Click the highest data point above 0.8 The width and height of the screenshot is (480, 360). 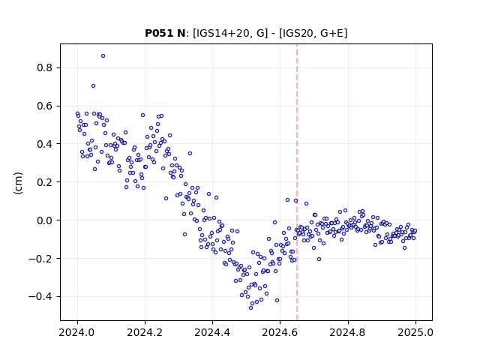(103, 55)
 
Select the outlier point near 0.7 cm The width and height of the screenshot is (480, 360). (93, 86)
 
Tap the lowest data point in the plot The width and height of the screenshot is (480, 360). (250, 308)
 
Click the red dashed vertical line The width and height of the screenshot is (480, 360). (297, 182)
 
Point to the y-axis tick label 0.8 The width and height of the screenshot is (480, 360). (44, 67)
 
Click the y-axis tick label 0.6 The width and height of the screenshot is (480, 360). (44, 106)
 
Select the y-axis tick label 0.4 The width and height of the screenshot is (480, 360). (44, 144)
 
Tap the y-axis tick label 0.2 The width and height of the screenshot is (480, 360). (44, 182)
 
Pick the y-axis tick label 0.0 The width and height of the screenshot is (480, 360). (44, 220)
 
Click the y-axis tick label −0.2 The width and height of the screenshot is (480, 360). (40, 259)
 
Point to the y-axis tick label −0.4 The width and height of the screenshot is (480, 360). (40, 297)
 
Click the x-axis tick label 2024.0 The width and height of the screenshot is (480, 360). (77, 332)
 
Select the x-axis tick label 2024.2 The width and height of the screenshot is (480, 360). (145, 332)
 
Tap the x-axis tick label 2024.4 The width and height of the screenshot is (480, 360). (212, 332)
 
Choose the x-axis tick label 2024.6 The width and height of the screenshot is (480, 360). (280, 332)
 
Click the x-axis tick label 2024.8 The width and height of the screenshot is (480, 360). (348, 332)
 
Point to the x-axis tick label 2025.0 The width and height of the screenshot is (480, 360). (415, 332)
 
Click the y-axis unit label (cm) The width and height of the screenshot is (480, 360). (18, 183)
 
